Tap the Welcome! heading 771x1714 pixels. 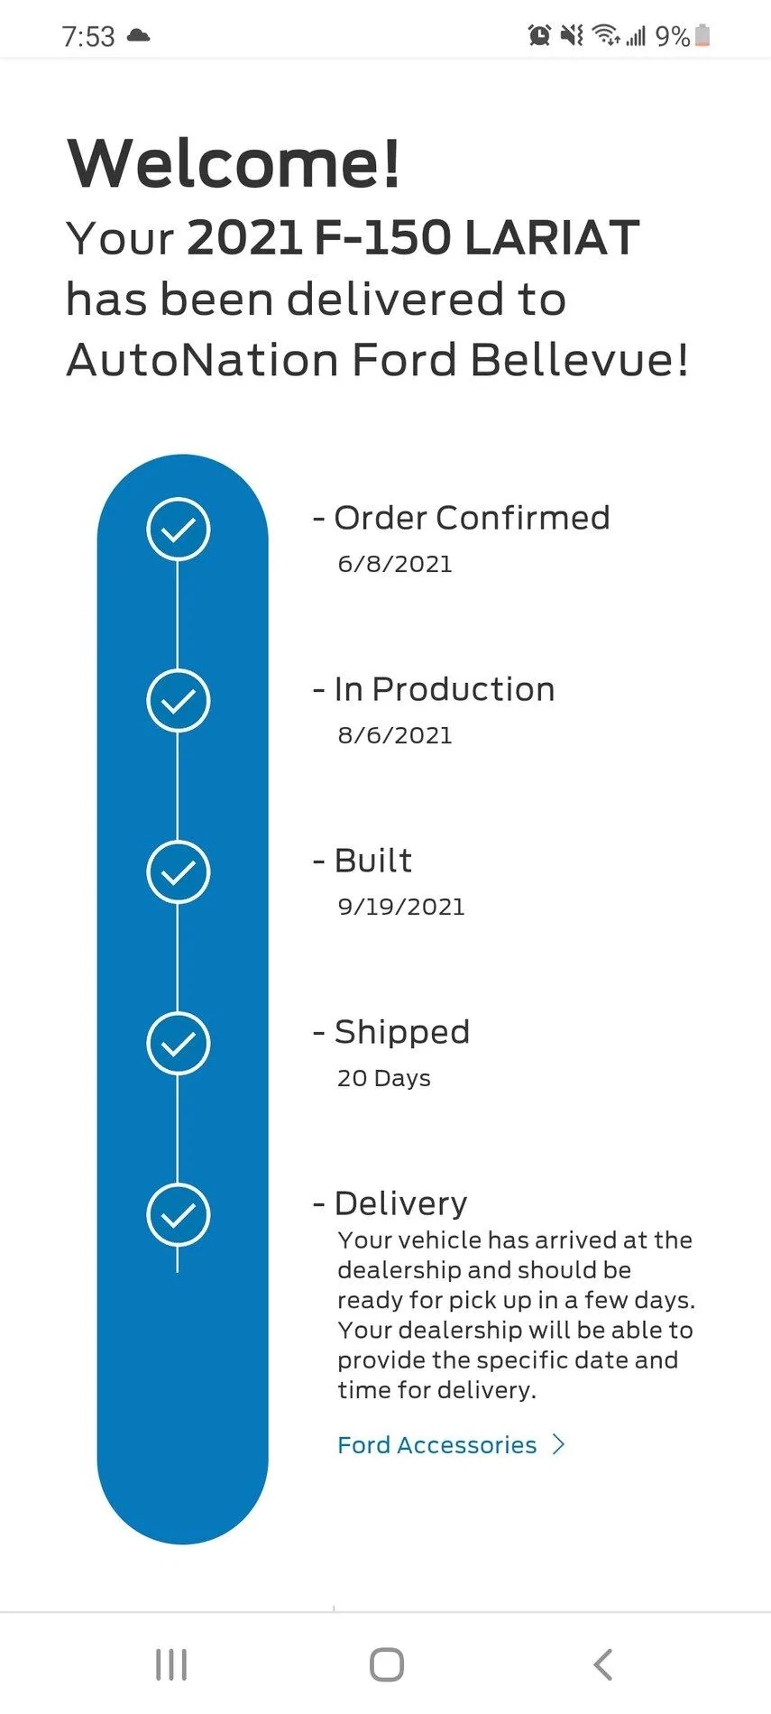pos(234,164)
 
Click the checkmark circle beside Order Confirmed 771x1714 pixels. pos(179,529)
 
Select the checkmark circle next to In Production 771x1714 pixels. pos(179,700)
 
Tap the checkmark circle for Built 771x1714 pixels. pos(179,871)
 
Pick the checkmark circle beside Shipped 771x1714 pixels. pos(179,1043)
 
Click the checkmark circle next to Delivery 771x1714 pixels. pos(179,1214)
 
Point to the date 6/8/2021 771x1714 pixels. pos(394,565)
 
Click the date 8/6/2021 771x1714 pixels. pos(394,736)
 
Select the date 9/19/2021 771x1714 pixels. pos(400,908)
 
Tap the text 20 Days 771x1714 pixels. pos(383,1079)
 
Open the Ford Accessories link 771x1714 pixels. pos(436,1445)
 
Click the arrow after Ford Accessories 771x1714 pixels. pos(559,1445)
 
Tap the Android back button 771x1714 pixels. pos(602,1664)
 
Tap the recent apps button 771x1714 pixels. pos(171,1664)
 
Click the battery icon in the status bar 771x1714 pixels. pos(702,36)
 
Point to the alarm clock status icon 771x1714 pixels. pos(539,36)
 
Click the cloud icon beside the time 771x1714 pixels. pos(138,36)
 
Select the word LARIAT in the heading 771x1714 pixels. pos(551,238)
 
